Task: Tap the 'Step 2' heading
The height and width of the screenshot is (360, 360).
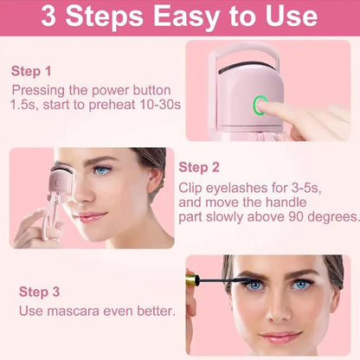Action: click(x=199, y=168)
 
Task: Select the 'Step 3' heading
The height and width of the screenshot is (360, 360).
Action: click(x=39, y=292)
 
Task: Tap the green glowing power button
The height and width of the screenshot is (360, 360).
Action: click(x=259, y=106)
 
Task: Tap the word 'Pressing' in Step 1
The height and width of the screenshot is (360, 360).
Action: click(x=38, y=89)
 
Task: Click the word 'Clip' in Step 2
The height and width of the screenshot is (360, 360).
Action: click(x=192, y=187)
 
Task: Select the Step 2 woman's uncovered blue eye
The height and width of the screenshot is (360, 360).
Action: click(x=103, y=170)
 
